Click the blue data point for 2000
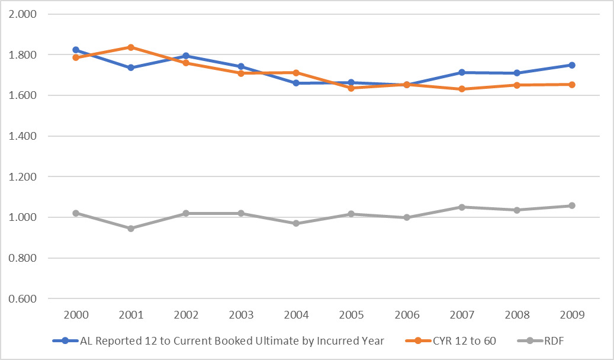[76, 50]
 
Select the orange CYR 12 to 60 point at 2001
[131, 47]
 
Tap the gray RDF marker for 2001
[131, 228]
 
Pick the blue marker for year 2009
[572, 65]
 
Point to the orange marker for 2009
[572, 85]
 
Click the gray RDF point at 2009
[572, 205]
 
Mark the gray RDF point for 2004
[296, 223]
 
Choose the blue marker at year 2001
[131, 67]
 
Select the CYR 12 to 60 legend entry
[457, 340]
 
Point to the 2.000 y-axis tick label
[22, 14]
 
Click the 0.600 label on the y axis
[22, 299]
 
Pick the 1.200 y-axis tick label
[22, 177]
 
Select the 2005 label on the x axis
[351, 315]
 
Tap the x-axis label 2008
[517, 315]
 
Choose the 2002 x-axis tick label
[186, 315]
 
